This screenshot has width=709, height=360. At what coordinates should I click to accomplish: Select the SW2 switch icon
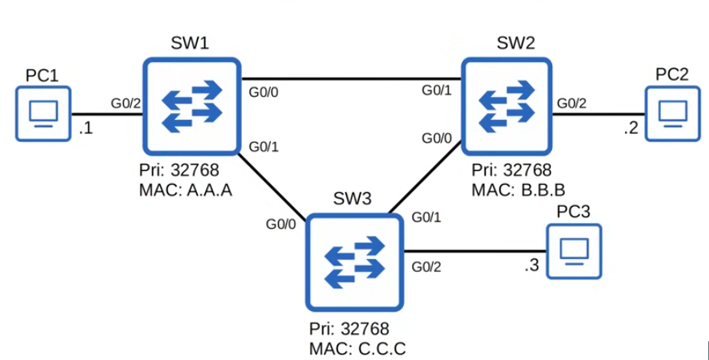pyautogui.click(x=508, y=105)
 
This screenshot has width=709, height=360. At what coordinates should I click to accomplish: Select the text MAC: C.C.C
pyautogui.click(x=357, y=349)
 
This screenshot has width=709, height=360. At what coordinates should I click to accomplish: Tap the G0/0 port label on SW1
pyautogui.click(x=263, y=92)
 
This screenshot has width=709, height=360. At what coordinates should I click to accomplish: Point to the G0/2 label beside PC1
pyautogui.click(x=125, y=103)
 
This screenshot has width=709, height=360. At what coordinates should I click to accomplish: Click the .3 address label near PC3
pyautogui.click(x=532, y=266)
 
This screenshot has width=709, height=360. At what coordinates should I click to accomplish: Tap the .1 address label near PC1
pyautogui.click(x=85, y=129)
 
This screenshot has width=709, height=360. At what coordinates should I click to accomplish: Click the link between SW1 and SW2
pyautogui.click(x=350, y=79)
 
